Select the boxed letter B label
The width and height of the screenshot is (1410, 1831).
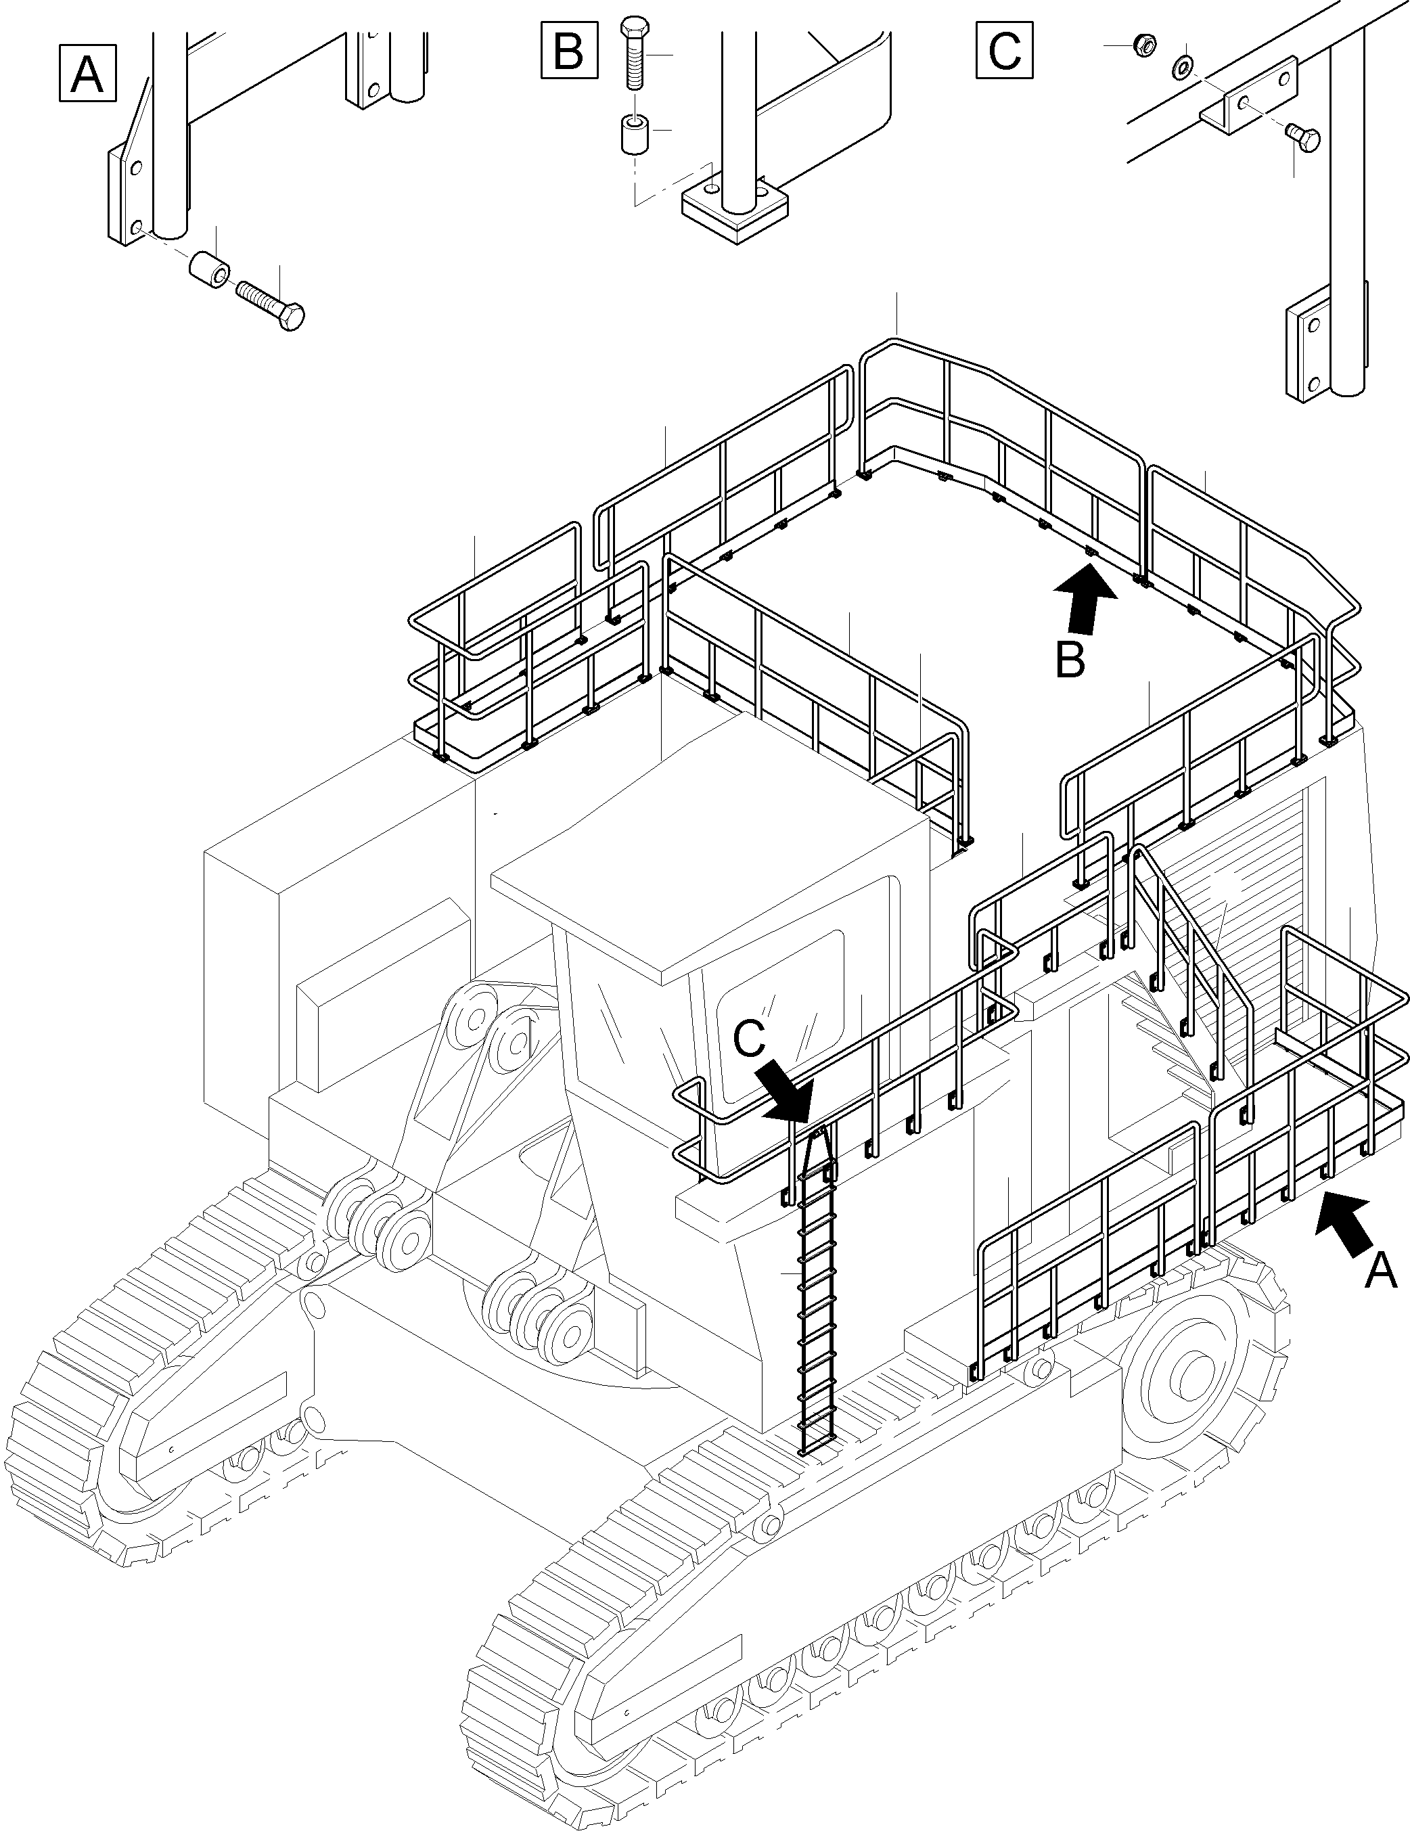pyautogui.click(x=569, y=51)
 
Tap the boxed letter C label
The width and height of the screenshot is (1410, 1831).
pyautogui.click(x=1004, y=51)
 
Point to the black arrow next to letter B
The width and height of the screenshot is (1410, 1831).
pyautogui.click(x=1086, y=596)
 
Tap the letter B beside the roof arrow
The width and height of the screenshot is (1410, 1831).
pyautogui.click(x=1070, y=660)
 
